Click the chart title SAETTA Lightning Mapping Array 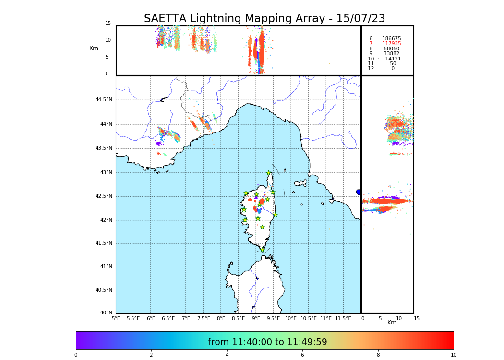(x=264, y=19)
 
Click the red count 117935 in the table (x=391, y=44)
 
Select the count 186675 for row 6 (x=391, y=38)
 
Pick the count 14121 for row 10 (x=393, y=59)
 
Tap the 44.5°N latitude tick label (x=104, y=100)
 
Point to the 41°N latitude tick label (x=106, y=267)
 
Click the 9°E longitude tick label (x=256, y=318)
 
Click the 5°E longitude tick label (x=116, y=318)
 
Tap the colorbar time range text (x=267, y=342)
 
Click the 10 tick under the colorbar (x=453, y=355)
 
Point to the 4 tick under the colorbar (x=227, y=355)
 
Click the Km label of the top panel (x=94, y=48)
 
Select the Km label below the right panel (x=392, y=323)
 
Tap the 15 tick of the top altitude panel (x=108, y=24)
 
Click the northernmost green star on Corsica (x=269, y=173)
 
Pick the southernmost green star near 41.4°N (x=262, y=250)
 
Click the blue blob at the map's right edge (x=359, y=192)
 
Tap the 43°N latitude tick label (x=106, y=172)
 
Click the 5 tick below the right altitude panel (x=380, y=318)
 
